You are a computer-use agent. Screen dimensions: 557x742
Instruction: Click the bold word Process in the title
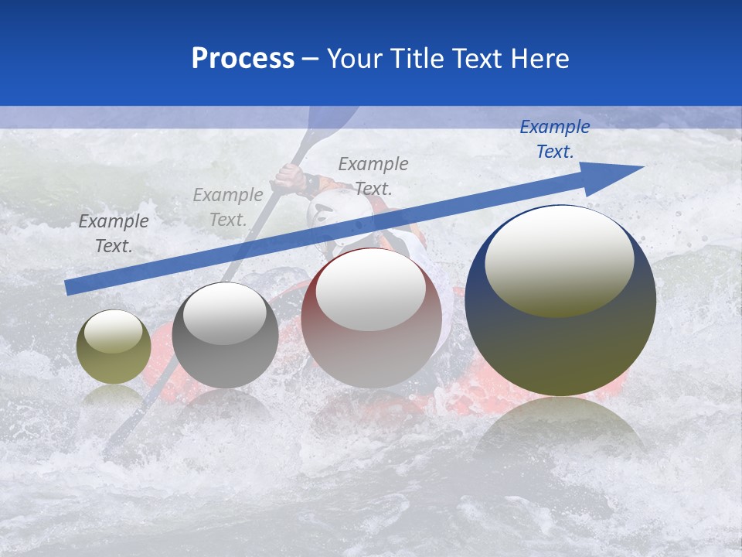click(243, 59)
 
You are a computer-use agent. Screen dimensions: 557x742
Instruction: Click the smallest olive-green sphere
click(114, 347)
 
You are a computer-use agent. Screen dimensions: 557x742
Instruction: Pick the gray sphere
click(225, 336)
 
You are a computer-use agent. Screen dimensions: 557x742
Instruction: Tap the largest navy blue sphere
click(560, 302)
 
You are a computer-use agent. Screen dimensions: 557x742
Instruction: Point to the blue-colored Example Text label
click(554, 139)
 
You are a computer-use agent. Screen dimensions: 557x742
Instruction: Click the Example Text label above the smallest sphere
click(114, 234)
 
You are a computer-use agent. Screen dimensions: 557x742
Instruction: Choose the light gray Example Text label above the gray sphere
click(228, 207)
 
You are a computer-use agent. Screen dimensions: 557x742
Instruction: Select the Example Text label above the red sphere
click(373, 176)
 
